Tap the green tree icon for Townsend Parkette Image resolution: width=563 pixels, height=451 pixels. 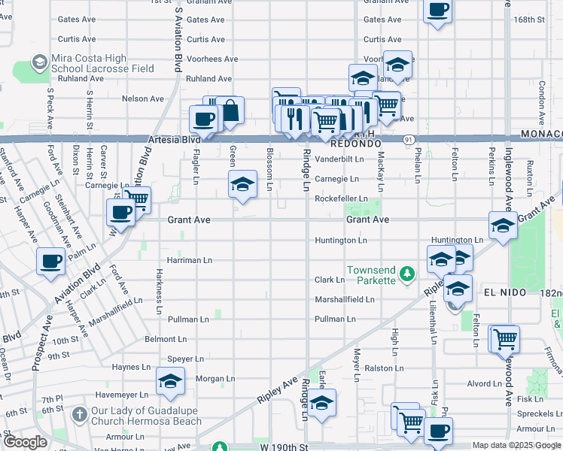[x=407, y=271]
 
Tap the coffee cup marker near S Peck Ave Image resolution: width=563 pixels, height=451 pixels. [x=51, y=262]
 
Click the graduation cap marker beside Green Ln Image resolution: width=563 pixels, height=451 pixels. [x=242, y=184]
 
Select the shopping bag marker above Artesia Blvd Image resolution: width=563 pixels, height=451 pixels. [x=230, y=110]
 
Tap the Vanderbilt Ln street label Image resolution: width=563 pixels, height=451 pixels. [x=339, y=159]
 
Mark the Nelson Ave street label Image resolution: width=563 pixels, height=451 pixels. [x=142, y=98]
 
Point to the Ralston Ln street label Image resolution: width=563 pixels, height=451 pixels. [x=379, y=368]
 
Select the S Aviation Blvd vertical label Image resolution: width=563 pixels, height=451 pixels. [x=178, y=35]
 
